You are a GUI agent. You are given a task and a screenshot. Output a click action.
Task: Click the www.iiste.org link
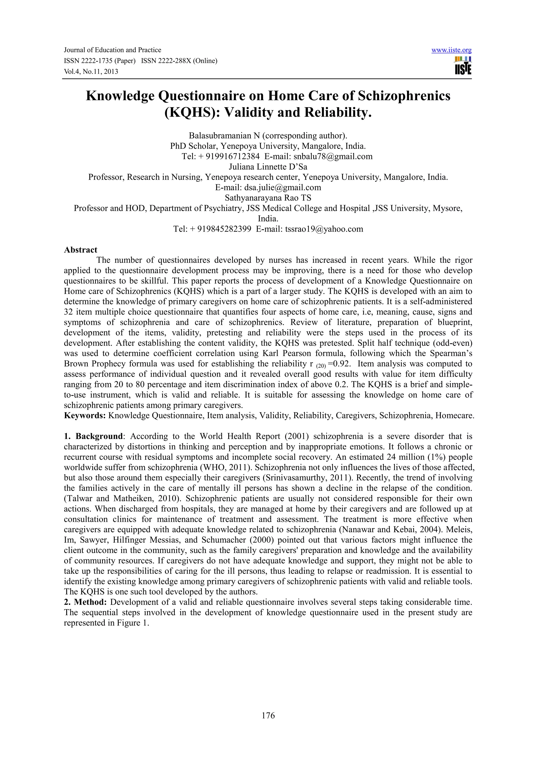click(x=451, y=50)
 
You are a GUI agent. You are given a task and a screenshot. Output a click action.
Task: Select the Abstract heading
click(x=81, y=250)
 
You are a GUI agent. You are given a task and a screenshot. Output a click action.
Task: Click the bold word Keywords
click(x=85, y=416)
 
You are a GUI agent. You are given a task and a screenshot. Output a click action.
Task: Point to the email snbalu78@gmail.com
click(x=333, y=156)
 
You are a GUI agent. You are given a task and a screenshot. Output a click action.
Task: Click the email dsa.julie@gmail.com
click(x=282, y=188)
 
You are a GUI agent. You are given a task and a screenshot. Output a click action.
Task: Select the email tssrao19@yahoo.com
click(x=324, y=229)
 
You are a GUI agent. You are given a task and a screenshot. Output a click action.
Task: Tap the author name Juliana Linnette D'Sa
click(x=268, y=167)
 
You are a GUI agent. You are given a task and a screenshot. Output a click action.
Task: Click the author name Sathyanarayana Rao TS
click(x=268, y=198)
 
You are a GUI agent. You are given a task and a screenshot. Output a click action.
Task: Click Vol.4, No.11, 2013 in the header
click(x=91, y=72)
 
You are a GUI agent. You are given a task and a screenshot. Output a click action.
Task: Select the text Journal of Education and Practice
click(x=112, y=50)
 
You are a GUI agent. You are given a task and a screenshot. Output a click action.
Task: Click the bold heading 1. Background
click(x=93, y=436)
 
